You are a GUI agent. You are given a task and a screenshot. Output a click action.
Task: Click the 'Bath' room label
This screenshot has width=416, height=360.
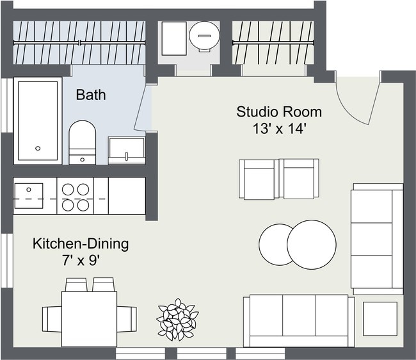click(91, 95)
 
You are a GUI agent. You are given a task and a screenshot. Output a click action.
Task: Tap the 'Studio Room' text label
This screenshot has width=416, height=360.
click(279, 112)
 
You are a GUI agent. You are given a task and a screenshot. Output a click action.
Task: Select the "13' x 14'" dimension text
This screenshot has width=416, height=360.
click(280, 128)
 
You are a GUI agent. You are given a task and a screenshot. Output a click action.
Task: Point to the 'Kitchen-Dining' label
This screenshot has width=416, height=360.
click(81, 243)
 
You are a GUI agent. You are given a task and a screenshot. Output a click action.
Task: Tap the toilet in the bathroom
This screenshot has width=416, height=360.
click(81, 141)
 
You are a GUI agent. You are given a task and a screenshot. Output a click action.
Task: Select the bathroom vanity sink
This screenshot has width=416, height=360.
click(126, 150)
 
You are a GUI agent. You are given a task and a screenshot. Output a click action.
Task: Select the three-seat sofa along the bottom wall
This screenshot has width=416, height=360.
click(298, 320)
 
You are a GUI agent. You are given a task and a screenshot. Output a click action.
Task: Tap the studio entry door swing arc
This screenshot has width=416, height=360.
click(358, 102)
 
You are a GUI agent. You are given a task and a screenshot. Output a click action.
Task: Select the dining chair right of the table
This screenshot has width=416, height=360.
click(127, 317)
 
